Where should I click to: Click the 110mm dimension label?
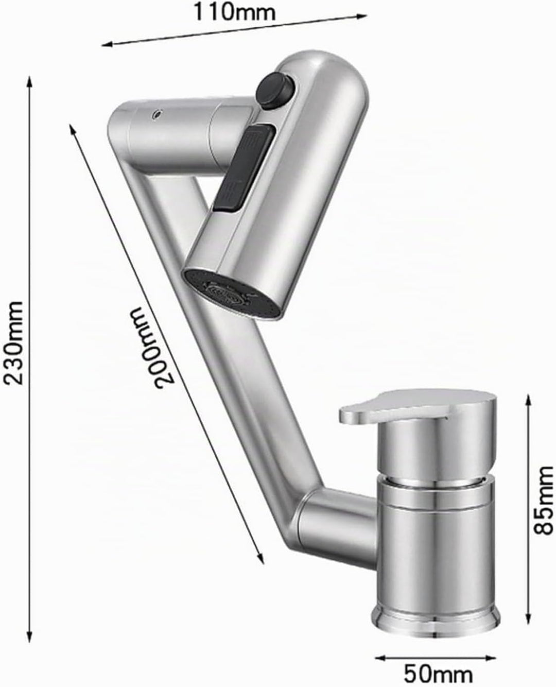coord(234,12)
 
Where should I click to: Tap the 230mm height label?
coord(13,343)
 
